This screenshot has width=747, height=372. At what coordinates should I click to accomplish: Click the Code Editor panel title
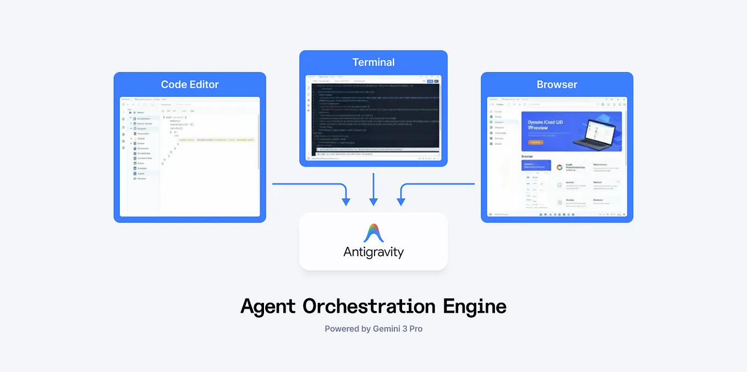click(x=190, y=85)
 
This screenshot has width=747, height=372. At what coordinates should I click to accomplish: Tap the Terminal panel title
click(x=374, y=62)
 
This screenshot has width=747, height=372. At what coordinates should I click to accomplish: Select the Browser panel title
click(x=557, y=85)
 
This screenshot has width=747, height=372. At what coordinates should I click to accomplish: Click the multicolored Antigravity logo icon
click(x=374, y=233)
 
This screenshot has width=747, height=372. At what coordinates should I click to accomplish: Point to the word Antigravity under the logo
click(x=374, y=252)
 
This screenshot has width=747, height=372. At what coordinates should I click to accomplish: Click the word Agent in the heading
click(x=268, y=306)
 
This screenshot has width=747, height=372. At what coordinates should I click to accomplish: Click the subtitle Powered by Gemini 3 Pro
click(x=374, y=329)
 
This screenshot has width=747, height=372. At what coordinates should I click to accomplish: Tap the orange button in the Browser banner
click(x=535, y=142)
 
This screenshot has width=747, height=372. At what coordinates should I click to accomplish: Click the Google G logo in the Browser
click(x=560, y=167)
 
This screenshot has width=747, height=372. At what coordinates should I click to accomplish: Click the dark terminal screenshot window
click(x=374, y=118)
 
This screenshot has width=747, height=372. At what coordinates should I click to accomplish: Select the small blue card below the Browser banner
click(x=536, y=165)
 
